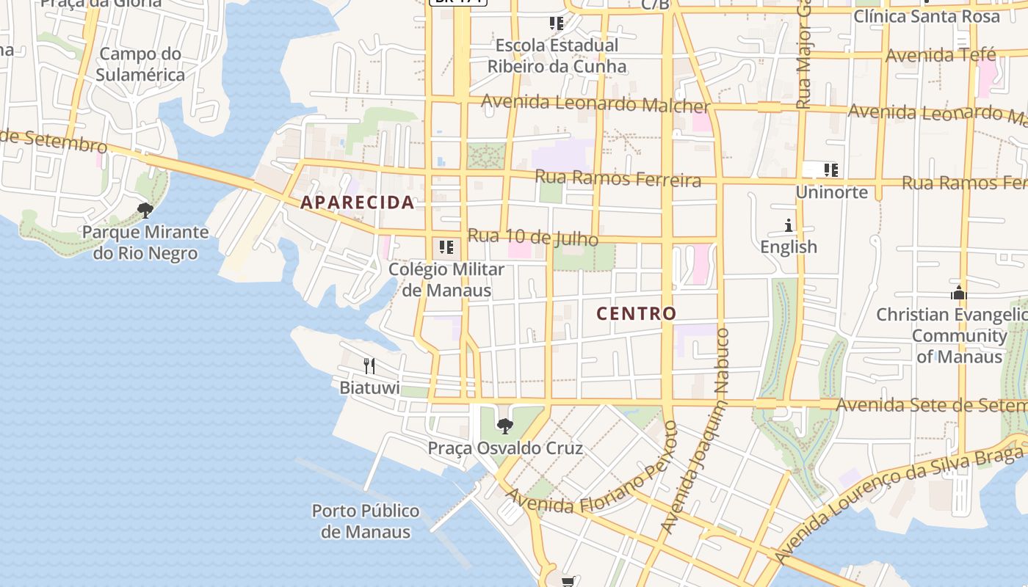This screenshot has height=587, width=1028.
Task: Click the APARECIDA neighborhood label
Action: coord(358,203)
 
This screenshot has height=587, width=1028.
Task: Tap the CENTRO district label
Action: coord(636,314)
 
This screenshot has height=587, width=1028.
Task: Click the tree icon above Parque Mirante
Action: coord(145,211)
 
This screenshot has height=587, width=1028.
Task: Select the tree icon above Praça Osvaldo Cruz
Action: coord(504,426)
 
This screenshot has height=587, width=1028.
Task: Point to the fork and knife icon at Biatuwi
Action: coord(369,365)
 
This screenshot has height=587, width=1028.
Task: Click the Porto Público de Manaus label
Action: coord(366,521)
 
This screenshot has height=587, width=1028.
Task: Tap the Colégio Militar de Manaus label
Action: coord(446,280)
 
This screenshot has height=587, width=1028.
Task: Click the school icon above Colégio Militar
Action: coord(446,247)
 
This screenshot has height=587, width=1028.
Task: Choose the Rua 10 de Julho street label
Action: coord(532,238)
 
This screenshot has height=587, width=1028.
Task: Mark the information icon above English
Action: coord(789,225)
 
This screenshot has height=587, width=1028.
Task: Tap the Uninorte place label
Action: coord(832,193)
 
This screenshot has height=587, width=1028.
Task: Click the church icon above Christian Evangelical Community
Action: coord(958,293)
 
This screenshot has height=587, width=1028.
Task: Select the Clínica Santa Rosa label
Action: coord(927,16)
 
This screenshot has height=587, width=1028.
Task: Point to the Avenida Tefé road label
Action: coord(941,55)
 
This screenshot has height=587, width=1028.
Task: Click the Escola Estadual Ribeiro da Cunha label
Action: coord(557,56)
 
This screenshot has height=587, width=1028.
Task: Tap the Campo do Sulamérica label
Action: coord(140,65)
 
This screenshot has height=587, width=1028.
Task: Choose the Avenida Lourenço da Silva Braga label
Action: coord(899,507)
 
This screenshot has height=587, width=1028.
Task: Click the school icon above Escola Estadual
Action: coord(557,23)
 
